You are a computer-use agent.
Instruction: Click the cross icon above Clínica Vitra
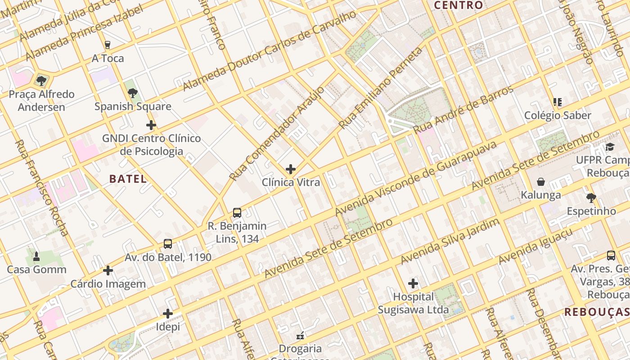(291, 169)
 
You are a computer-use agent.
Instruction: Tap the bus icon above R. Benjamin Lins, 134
(237, 213)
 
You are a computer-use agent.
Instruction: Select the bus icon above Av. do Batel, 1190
(168, 244)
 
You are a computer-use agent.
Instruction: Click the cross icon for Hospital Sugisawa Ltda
(413, 283)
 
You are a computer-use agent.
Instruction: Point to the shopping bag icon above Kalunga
(541, 182)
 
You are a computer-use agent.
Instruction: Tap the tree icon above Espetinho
(591, 198)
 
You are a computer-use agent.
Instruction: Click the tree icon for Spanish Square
(133, 93)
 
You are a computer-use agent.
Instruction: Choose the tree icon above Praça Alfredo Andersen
(41, 81)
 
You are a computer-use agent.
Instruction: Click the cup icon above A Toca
(108, 45)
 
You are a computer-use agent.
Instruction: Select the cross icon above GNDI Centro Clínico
(151, 125)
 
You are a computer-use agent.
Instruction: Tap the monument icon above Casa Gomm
(36, 256)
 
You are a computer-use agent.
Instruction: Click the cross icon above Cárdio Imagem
(108, 270)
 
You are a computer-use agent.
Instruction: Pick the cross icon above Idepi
(168, 313)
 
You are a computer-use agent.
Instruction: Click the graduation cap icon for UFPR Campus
(610, 147)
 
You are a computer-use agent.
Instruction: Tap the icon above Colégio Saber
(558, 102)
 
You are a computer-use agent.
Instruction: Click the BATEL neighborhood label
(128, 179)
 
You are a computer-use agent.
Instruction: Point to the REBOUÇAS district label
(597, 312)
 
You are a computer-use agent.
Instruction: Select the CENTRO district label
(459, 5)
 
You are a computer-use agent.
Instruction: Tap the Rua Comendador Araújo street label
(276, 133)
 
